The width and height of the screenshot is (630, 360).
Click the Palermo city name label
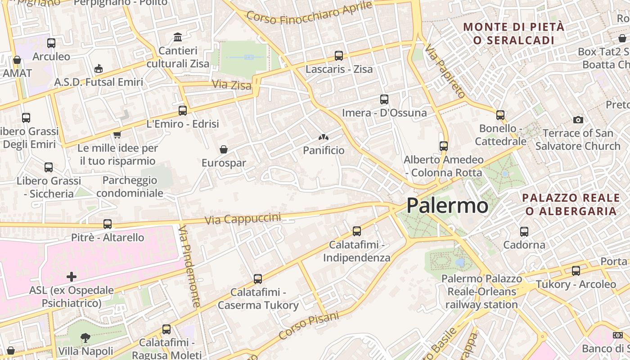tap(447, 206)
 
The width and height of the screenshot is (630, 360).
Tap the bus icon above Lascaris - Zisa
tap(339, 56)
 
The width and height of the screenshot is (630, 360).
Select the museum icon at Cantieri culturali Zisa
tap(178, 37)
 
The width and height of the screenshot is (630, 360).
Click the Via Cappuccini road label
tap(243, 219)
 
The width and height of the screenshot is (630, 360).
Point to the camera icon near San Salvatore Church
tap(578, 120)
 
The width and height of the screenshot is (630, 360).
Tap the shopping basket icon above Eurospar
tap(223, 149)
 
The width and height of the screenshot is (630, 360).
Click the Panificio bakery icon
tap(323, 137)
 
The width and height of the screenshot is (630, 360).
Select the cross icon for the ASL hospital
tap(72, 276)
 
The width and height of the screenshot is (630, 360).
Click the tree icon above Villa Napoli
tap(85, 337)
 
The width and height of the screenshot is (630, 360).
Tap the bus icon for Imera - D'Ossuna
tap(384, 99)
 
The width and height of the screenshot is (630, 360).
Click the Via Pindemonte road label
tap(189, 266)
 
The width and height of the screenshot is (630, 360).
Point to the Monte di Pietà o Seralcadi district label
tap(513, 33)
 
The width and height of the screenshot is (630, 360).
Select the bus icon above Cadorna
tap(524, 232)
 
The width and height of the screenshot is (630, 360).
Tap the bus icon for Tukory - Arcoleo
tap(576, 271)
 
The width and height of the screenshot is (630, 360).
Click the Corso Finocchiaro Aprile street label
tap(310, 13)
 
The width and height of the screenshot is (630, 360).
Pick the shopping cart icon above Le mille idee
tap(117, 135)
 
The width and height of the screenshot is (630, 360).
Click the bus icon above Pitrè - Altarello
tap(108, 224)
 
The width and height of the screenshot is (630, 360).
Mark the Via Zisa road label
tap(231, 84)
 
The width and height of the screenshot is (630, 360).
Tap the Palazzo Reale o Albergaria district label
tap(571, 204)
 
